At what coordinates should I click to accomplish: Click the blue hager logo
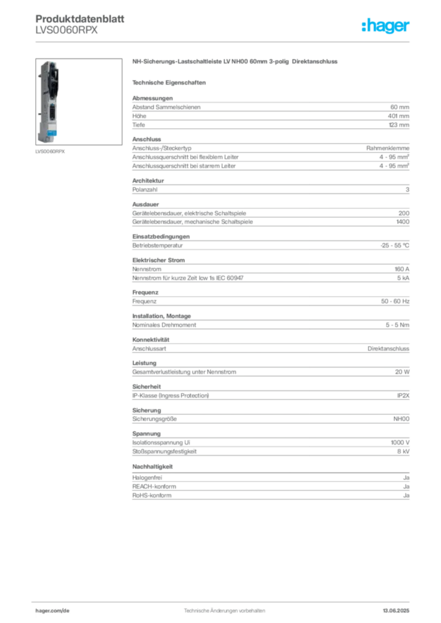click(387, 27)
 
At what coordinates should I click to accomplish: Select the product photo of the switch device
click(49, 101)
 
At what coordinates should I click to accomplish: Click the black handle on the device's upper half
click(54, 75)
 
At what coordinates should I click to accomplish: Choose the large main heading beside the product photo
click(235, 62)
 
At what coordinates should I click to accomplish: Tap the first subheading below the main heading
click(171, 82)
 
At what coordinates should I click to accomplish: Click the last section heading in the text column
click(153, 466)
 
